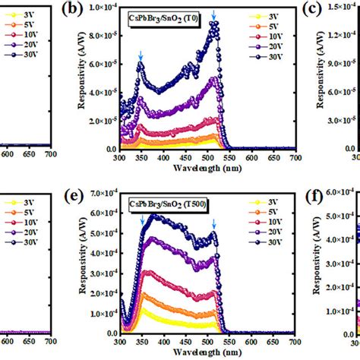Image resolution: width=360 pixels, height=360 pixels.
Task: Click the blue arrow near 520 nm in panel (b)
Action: (x=213, y=15)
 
